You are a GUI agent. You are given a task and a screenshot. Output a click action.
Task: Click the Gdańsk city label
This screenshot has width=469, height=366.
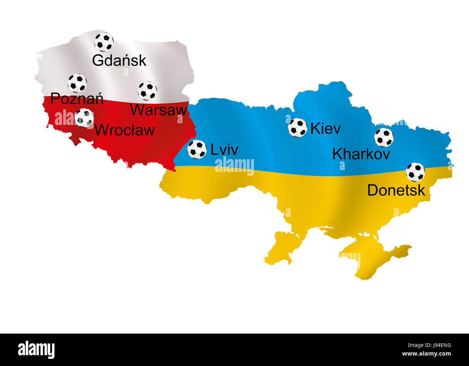pyautogui.click(x=119, y=61)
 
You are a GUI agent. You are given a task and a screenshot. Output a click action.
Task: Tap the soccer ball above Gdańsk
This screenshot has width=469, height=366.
pyautogui.click(x=104, y=42)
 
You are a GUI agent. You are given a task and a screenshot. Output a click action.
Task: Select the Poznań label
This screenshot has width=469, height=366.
pyautogui.click(x=77, y=98)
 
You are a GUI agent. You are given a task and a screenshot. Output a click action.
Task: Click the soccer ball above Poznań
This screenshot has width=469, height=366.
pyautogui.click(x=77, y=83)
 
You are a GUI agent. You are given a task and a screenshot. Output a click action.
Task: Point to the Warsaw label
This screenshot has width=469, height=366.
pyautogui.click(x=158, y=110)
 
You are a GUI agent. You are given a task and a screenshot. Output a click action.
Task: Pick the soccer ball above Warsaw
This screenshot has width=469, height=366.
pyautogui.click(x=148, y=91)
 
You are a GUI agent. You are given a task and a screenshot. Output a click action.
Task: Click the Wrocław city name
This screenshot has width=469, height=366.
pyautogui.click(x=124, y=130)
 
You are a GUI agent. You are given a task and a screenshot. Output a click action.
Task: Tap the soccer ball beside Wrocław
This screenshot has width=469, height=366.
pyautogui.click(x=84, y=118)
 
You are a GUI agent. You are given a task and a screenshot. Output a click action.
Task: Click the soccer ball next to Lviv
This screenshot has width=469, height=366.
pyautogui.click(x=197, y=149)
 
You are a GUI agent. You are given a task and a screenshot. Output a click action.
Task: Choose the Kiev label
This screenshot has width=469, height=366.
pyautogui.click(x=325, y=129)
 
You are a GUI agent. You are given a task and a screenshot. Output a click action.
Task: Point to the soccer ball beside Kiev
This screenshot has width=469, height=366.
pyautogui.click(x=298, y=128)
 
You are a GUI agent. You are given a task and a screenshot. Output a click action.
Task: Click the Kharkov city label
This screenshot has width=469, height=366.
pyautogui.click(x=361, y=154)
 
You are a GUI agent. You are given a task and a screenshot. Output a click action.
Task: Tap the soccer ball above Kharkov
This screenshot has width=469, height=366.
pyautogui.click(x=384, y=137)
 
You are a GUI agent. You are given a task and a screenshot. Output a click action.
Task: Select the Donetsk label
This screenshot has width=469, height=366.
pyautogui.click(x=396, y=190)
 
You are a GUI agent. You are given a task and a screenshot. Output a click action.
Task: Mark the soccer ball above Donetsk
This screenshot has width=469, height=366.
pyautogui.click(x=416, y=172)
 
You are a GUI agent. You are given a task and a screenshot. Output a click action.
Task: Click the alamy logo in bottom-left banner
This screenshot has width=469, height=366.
pyautogui.click(x=36, y=349)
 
